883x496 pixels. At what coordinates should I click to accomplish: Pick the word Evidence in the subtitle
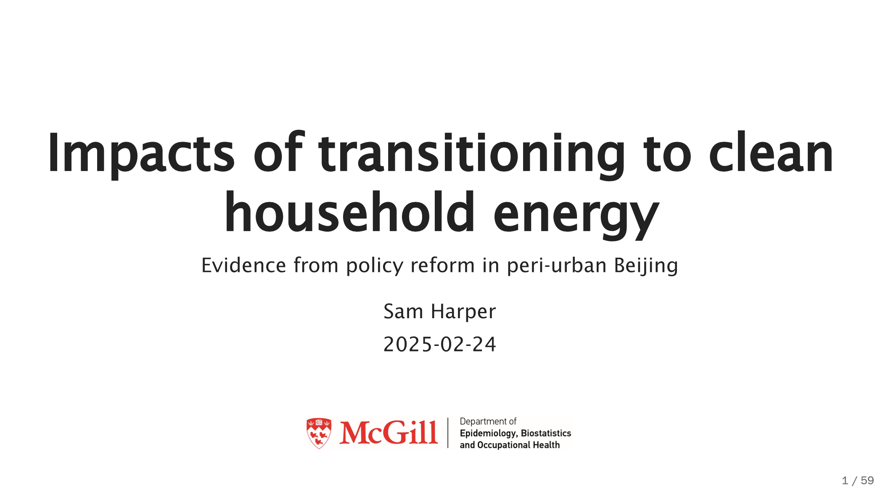tap(244, 265)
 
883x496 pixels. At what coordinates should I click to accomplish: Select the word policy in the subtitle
tap(375, 266)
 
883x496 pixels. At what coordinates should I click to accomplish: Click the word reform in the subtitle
tap(443, 265)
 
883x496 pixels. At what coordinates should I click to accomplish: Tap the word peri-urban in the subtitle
tap(557, 266)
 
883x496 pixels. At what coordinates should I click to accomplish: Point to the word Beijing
tap(646, 266)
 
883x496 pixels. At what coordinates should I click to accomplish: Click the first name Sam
tap(403, 311)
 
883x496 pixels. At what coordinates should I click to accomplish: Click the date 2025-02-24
tap(440, 344)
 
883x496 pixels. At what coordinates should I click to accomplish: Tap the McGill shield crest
tap(319, 433)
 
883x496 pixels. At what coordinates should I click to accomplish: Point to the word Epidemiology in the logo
tap(488, 433)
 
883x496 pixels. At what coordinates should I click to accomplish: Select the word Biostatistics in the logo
tap(546, 433)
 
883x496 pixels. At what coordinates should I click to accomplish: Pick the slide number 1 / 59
tap(858, 480)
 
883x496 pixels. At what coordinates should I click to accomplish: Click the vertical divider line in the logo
tap(448, 433)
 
